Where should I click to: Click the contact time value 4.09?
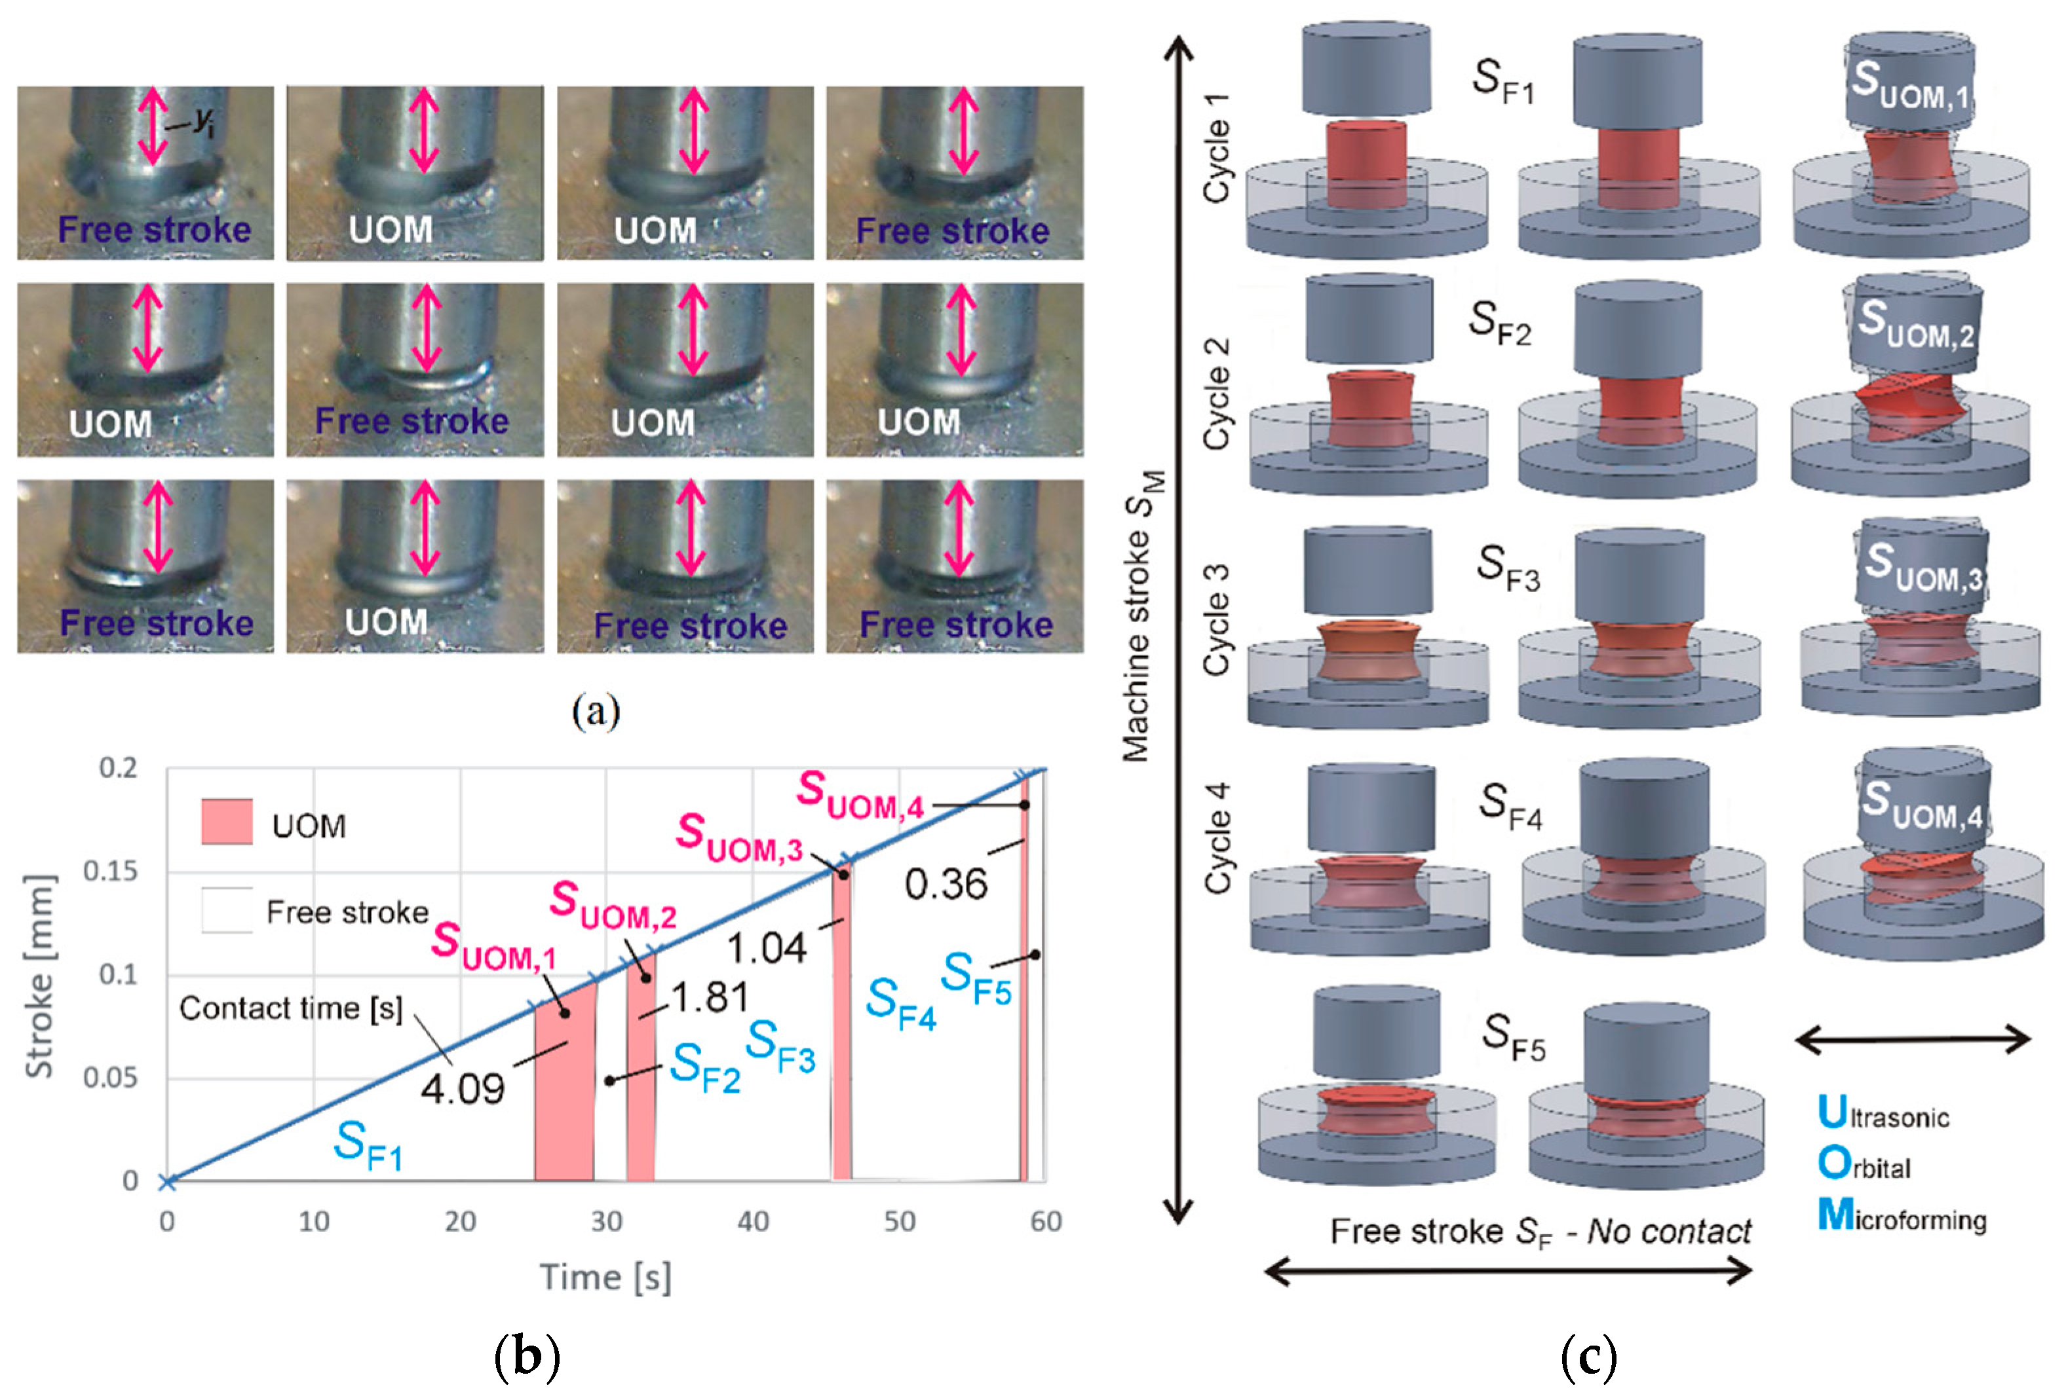tap(462, 1088)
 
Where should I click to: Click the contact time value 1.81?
tap(710, 997)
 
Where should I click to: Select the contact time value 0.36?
tap(946, 884)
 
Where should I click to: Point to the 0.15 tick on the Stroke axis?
tap(110, 872)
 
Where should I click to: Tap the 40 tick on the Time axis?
tap(753, 1222)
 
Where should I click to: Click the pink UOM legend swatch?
tap(227, 821)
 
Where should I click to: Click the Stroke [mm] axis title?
tap(39, 976)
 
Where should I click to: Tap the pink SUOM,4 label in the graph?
tap(860, 796)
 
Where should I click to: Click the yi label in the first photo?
tap(204, 121)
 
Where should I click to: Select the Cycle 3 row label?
tap(1215, 619)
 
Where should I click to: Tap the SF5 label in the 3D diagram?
tap(1513, 1037)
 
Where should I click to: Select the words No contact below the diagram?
tap(1669, 1232)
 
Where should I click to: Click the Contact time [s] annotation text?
tap(291, 1008)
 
